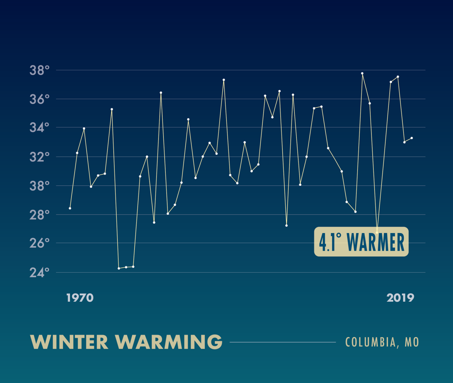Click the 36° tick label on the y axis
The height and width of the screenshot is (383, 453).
[40, 99]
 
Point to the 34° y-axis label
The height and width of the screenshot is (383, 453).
[40, 128]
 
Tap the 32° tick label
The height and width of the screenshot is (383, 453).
[40, 157]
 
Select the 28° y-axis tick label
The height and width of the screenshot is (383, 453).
[40, 215]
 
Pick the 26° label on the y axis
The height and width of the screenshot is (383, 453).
[40, 243]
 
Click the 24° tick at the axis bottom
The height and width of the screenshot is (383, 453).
[40, 272]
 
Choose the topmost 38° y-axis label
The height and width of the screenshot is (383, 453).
[40, 70]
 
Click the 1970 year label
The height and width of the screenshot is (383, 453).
[80, 298]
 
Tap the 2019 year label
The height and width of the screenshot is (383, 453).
[400, 298]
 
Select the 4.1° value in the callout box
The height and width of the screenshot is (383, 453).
[330, 242]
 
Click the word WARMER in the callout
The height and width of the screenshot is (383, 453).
[376, 242]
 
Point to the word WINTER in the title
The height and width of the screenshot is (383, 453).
[69, 342]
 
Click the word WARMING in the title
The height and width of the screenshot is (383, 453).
[169, 342]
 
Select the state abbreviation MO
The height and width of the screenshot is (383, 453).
[412, 342]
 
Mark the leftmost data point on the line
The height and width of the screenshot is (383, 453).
[70, 208]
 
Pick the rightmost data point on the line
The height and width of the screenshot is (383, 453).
[411, 138]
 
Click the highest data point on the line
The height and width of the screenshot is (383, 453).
[362, 73]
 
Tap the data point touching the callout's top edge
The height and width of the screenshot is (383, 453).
[377, 232]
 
